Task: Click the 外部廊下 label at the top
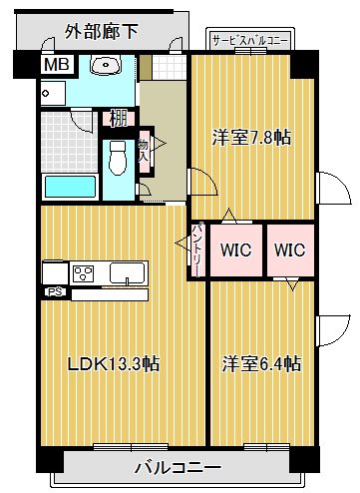pyautogui.click(x=103, y=33)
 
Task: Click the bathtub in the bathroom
pyautogui.click(x=68, y=186)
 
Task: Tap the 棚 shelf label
pyautogui.click(x=118, y=118)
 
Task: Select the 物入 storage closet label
pyautogui.click(x=144, y=151)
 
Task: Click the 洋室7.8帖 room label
pyautogui.click(x=250, y=138)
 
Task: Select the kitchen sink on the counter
pyautogui.click(x=128, y=272)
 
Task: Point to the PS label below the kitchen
pyautogui.click(x=53, y=292)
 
